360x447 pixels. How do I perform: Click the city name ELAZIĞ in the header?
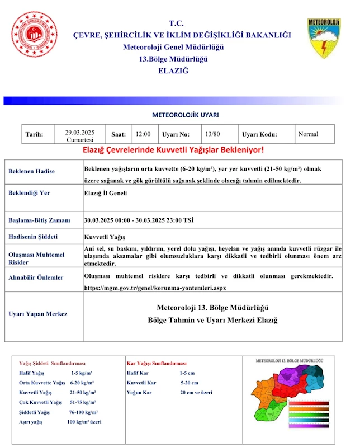tap(173, 71)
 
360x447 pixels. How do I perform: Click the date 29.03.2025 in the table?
tap(79, 132)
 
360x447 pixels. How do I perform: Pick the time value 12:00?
tap(143, 134)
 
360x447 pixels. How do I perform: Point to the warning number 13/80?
tap(212, 134)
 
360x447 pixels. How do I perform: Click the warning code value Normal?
tap(308, 134)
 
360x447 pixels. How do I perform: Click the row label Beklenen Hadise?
tap(32, 171)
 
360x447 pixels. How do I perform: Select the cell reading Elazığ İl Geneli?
tap(106, 194)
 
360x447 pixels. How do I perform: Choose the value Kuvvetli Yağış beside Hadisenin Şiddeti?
tap(105, 237)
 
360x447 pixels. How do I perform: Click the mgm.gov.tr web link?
tap(155, 288)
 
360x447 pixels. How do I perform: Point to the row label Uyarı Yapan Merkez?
tap(38, 314)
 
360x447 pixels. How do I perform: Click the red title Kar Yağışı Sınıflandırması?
tap(157, 363)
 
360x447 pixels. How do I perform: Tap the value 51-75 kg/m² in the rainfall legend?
tap(82, 402)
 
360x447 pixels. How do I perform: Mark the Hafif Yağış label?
tap(32, 373)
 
